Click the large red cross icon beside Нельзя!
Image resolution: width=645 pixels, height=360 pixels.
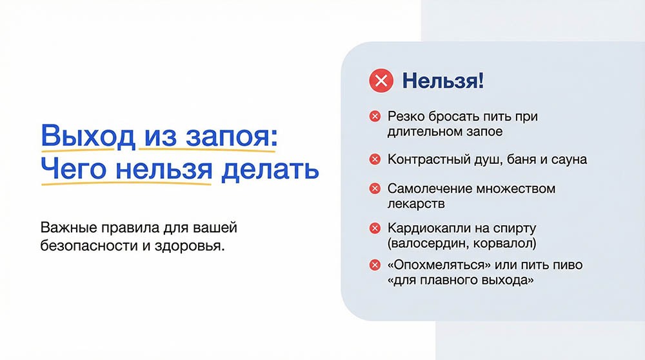pos(381,82)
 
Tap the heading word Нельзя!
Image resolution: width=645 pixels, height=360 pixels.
pos(442,82)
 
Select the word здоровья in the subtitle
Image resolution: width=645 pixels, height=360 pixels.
pos(190,246)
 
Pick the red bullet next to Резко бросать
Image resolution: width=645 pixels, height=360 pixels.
pos(374,117)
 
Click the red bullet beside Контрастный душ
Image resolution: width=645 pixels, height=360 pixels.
pos(374,159)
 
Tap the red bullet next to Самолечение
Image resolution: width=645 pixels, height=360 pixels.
pos(374,189)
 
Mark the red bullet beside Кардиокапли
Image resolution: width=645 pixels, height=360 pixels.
pos(374,228)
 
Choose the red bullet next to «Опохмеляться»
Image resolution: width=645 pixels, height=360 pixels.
pos(374,265)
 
